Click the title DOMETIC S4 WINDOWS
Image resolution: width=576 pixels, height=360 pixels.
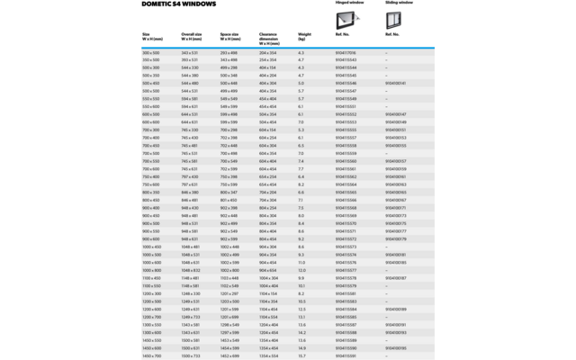click(179, 4)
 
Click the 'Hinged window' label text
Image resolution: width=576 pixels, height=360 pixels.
click(349, 3)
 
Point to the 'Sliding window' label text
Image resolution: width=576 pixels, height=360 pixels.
click(400, 3)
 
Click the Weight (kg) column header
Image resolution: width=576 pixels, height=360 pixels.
click(304, 37)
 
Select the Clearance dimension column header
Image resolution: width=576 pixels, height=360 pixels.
click(270, 37)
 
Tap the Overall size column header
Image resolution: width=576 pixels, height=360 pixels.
click(191, 37)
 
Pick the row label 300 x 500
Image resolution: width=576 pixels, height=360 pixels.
click(151, 52)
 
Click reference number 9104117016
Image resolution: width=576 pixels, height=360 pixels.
click(346, 52)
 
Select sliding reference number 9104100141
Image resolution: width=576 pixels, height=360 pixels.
click(396, 84)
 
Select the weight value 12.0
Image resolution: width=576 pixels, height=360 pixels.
click(301, 270)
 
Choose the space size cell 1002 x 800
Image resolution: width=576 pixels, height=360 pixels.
click(229, 270)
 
